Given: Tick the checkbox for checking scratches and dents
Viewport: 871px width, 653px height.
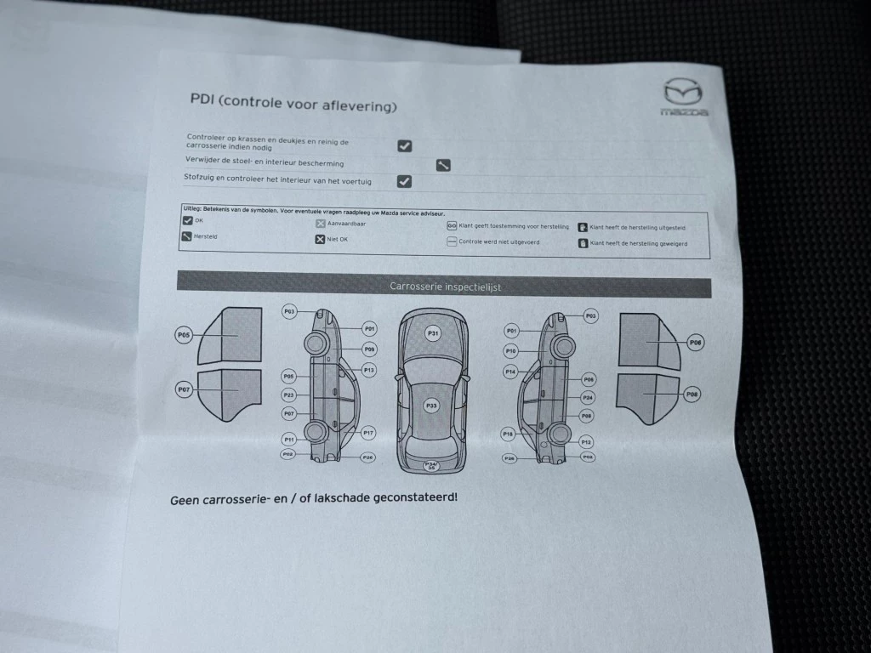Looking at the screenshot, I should (x=405, y=145).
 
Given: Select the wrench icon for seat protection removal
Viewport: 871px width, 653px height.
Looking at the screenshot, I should (x=443, y=165).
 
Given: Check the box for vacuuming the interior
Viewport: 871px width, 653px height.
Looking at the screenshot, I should (x=405, y=181).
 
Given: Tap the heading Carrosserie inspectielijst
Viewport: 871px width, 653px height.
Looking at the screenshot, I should (x=445, y=287).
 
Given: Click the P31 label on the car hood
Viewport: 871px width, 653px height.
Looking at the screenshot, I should (x=432, y=333).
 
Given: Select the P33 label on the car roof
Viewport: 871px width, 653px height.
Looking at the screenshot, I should (x=431, y=406).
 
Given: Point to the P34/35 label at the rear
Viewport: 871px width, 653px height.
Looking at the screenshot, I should (x=431, y=465).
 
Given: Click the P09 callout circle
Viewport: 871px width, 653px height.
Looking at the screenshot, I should (x=369, y=349).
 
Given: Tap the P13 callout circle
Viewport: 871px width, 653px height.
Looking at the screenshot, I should (x=368, y=370).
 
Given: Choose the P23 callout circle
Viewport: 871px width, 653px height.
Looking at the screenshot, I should (x=289, y=395).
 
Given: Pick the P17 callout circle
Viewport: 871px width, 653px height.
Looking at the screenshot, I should (x=368, y=433).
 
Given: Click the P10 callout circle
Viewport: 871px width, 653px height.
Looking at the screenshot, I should (x=510, y=351).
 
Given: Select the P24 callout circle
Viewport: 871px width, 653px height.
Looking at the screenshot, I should (x=588, y=398).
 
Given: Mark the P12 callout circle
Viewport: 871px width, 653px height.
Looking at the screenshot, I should (x=586, y=442).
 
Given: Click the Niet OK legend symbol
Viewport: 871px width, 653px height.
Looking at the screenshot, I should (x=321, y=240).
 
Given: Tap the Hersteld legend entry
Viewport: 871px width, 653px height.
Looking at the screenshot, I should (x=200, y=237).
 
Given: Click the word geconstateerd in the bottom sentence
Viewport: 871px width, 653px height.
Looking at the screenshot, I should (x=413, y=496).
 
